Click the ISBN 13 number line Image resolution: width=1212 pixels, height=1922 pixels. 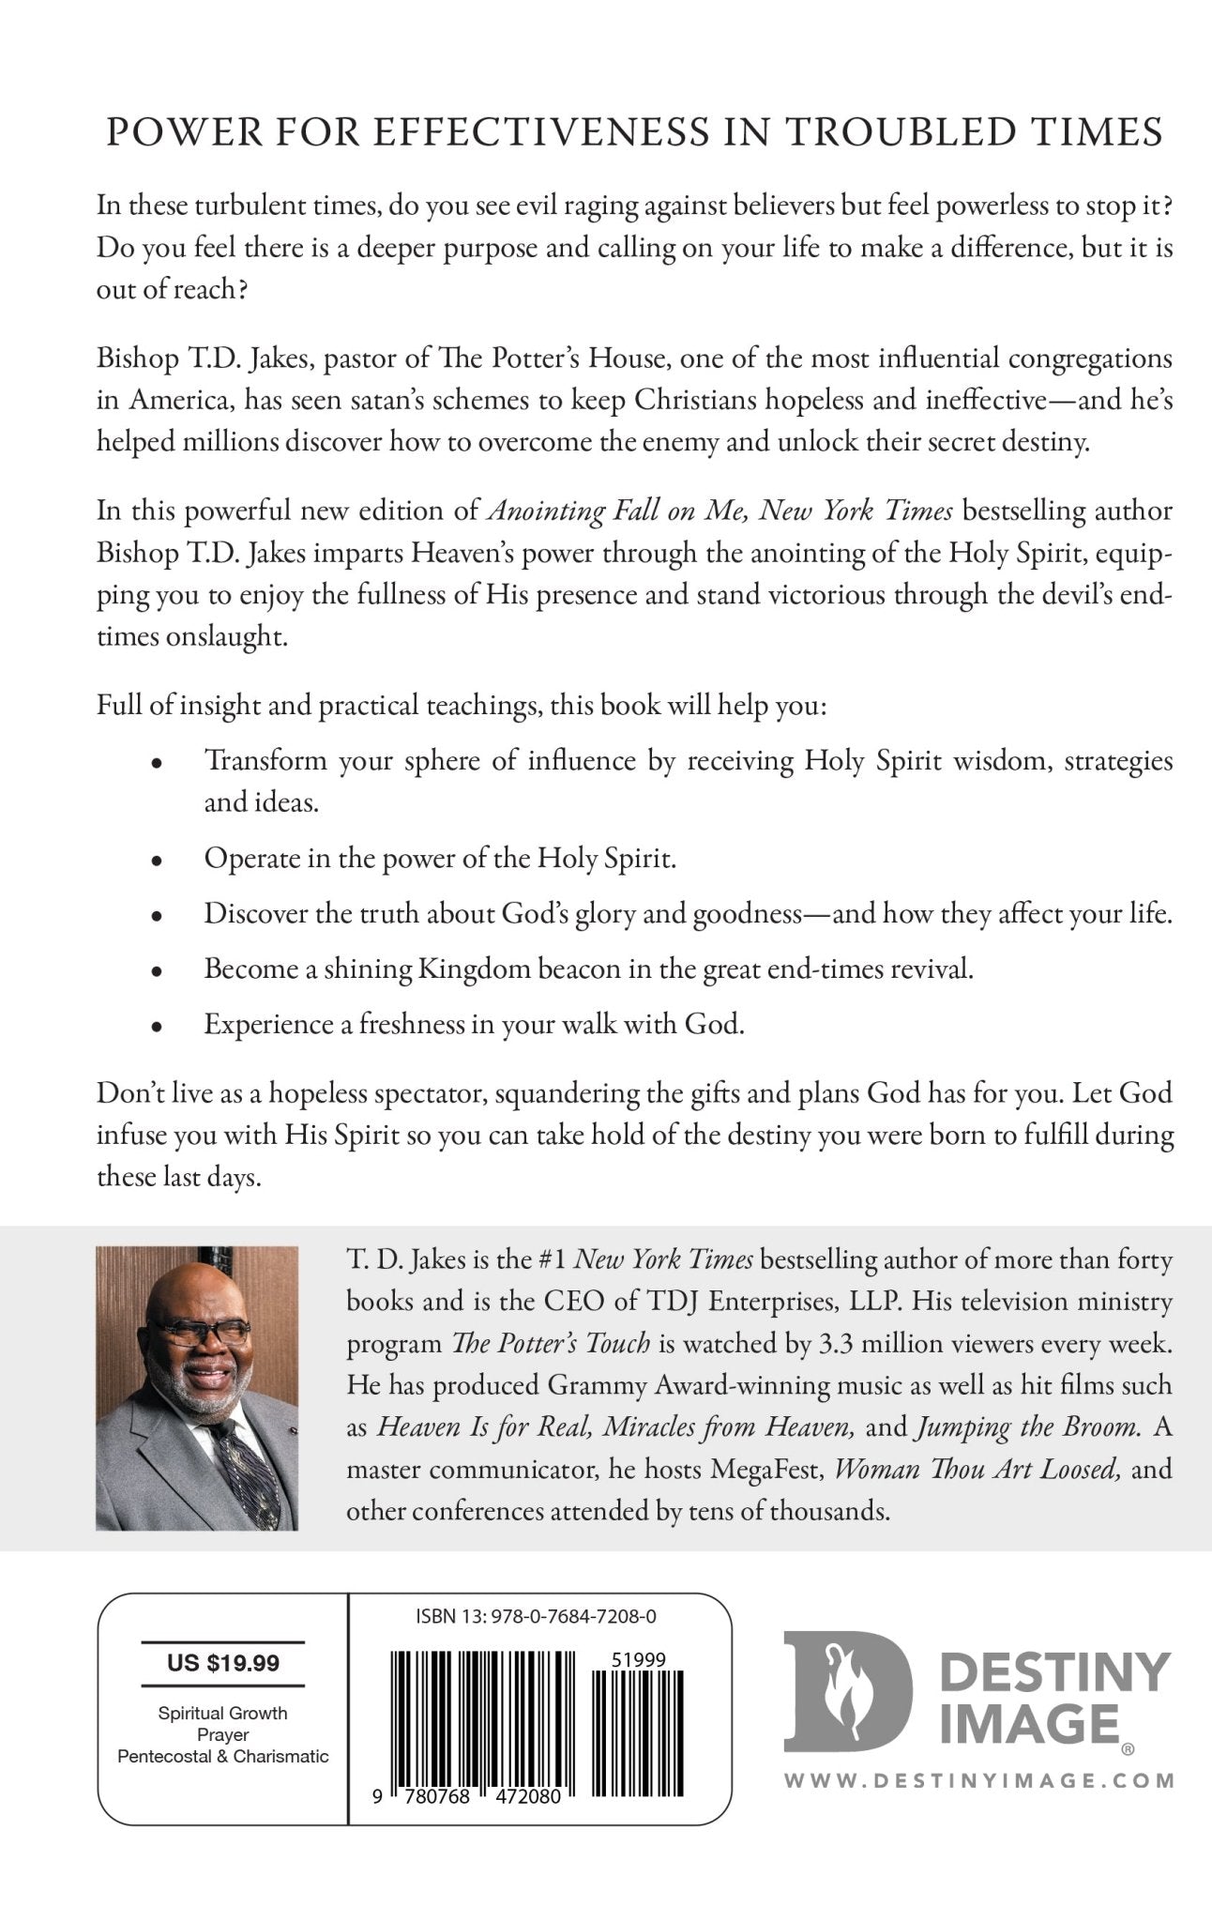(x=535, y=1617)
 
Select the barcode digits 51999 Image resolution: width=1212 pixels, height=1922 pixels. (x=639, y=1659)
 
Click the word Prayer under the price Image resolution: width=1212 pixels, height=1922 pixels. (x=223, y=1734)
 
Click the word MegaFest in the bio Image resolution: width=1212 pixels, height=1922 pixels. (x=766, y=1469)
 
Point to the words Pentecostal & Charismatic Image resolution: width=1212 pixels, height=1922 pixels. (x=223, y=1756)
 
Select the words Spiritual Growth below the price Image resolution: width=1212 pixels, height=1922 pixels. (x=223, y=1713)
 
